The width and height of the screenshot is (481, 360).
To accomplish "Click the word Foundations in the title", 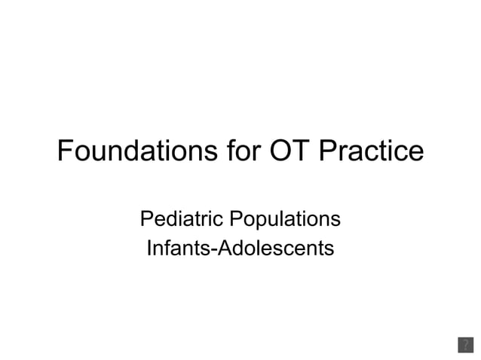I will [137, 151].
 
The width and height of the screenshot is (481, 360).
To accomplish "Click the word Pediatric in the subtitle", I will [179, 219].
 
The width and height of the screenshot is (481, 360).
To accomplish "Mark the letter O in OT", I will [278, 151].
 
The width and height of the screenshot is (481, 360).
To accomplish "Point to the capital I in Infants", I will [149, 246].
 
